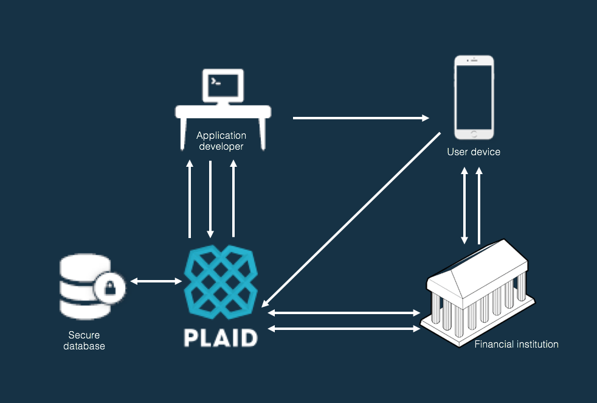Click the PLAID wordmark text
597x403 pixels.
220,337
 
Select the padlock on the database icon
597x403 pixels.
110,287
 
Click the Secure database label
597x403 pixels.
84,340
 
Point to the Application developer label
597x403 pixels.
221,141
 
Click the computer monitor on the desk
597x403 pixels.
223,86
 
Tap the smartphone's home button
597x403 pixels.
474,133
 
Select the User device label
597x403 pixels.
474,152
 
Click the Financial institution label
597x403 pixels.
516,345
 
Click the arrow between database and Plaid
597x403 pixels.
156,281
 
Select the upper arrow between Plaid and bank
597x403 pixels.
344,313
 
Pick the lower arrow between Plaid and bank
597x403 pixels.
344,329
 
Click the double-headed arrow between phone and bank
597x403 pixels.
465,206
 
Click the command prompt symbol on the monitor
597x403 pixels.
214,80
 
